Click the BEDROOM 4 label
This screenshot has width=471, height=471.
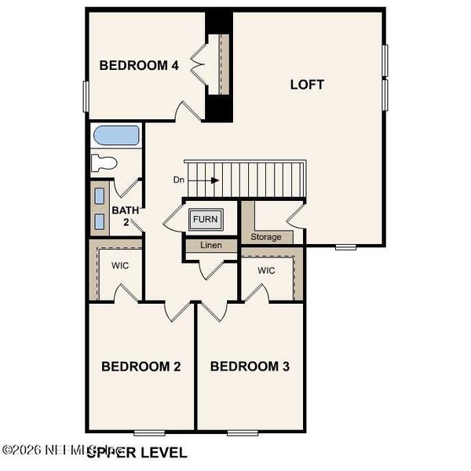click(x=139, y=66)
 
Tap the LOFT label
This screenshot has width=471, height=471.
click(x=307, y=84)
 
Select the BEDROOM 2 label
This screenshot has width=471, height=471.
click(x=142, y=367)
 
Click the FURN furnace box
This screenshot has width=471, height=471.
click(x=206, y=219)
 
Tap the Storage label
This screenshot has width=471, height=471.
click(x=265, y=236)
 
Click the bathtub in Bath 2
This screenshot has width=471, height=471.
click(x=115, y=137)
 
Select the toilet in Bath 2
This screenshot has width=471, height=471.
click(x=104, y=163)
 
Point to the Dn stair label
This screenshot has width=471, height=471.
click(x=179, y=180)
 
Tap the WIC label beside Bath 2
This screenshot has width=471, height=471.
click(x=120, y=265)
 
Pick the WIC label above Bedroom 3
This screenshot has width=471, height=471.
click(x=267, y=271)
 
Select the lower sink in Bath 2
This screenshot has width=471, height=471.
click(x=100, y=221)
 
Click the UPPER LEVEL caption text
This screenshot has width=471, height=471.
click(x=137, y=453)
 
